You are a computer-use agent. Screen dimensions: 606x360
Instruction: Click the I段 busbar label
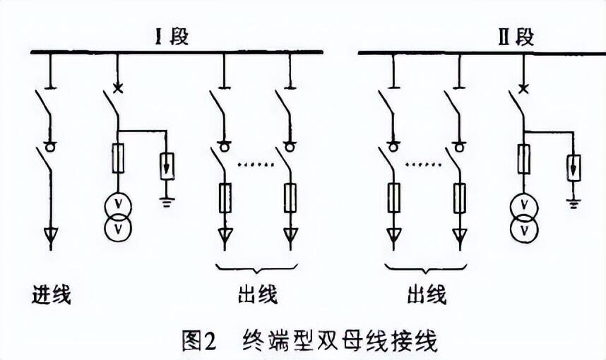click(172, 37)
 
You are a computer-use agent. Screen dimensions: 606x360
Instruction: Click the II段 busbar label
click(516, 37)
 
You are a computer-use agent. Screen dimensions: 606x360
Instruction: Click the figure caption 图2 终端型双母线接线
click(309, 341)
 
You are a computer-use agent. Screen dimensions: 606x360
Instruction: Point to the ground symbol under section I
click(167, 202)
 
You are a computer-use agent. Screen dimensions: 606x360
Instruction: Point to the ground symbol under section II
click(574, 203)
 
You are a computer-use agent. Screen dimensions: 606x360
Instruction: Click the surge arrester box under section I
click(167, 166)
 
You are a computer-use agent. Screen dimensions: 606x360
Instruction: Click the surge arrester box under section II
click(574, 167)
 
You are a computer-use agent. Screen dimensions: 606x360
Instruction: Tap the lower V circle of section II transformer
click(524, 230)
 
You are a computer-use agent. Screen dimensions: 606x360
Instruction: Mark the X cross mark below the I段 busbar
click(118, 89)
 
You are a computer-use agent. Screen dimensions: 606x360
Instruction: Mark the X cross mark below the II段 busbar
click(523, 89)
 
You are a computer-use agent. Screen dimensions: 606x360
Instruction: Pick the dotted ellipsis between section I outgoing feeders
click(256, 164)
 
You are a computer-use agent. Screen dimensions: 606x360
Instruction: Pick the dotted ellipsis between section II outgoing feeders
click(424, 164)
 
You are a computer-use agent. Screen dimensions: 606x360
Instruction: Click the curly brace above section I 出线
click(256, 268)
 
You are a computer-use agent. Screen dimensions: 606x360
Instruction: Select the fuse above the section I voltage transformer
click(118, 158)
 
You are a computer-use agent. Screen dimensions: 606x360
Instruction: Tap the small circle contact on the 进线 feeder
click(49, 146)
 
